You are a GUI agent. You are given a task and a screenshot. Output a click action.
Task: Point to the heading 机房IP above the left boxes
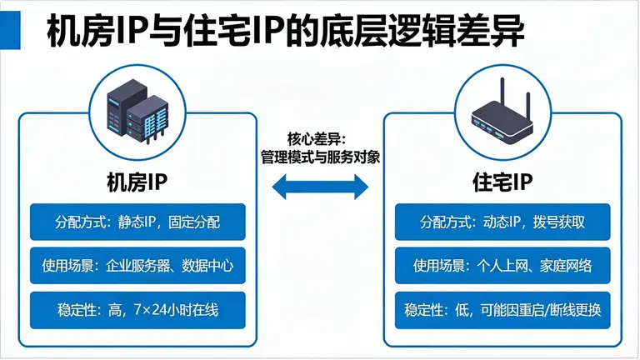137,180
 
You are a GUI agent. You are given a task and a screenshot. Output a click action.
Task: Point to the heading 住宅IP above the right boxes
502,180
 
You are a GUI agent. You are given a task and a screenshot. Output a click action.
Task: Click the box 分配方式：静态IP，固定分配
137,222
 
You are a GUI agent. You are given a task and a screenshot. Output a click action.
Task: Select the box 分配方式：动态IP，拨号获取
502,222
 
